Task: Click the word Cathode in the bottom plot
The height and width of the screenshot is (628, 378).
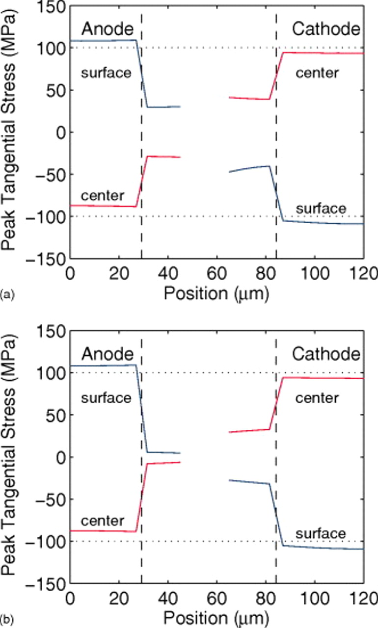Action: click(326, 354)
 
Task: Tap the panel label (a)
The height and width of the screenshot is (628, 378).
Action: click(7, 294)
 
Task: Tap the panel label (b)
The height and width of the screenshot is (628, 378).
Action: click(7, 619)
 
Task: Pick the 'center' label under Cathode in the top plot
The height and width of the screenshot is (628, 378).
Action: click(317, 74)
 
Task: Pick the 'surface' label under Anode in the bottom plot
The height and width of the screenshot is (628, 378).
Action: click(106, 398)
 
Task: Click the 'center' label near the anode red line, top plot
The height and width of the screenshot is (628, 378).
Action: click(103, 196)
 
